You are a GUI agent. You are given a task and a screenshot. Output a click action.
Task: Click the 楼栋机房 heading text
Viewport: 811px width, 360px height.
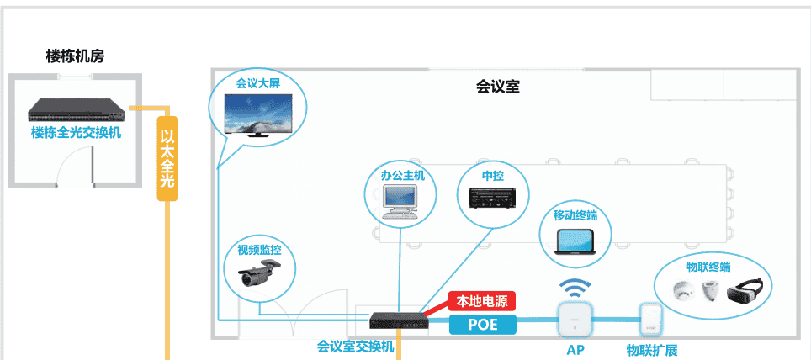[75, 56]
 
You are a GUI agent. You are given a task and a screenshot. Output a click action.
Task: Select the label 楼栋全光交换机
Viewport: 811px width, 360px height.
[76, 133]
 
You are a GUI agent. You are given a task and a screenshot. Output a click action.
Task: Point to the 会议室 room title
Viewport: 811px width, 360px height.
[497, 87]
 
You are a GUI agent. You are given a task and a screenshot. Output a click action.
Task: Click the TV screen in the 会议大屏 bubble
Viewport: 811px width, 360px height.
[258, 114]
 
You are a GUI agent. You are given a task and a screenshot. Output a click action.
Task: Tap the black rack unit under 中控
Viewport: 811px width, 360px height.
[493, 199]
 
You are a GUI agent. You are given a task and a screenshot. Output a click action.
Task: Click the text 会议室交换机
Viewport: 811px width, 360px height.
[355, 346]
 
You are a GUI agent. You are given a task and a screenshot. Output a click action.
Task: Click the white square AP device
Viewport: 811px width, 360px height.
[575, 320]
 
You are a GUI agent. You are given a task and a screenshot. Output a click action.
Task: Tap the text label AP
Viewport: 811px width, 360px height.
[575, 349]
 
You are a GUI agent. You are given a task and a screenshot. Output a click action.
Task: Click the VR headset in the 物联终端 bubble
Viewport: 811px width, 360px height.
[745, 291]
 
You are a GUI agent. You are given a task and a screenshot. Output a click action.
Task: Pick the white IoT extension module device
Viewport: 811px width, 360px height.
[648, 320]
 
